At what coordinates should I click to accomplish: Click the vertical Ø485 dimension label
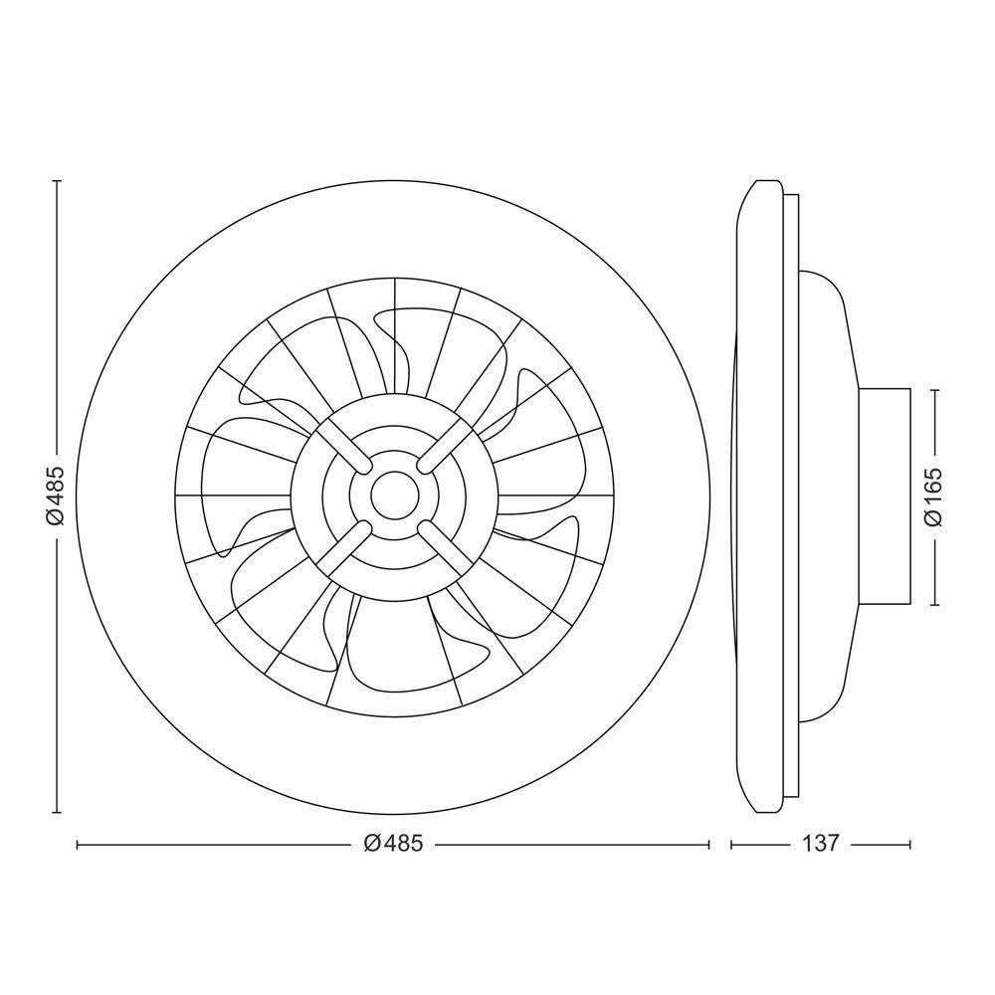pyautogui.click(x=56, y=495)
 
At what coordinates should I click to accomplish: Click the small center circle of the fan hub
pyautogui.click(x=394, y=495)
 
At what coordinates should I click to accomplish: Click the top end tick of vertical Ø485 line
pyautogui.click(x=56, y=181)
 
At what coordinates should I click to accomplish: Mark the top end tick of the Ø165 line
pyautogui.click(x=933, y=389)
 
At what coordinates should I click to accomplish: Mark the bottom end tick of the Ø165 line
pyautogui.click(x=933, y=605)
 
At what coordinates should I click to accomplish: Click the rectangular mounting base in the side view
pyautogui.click(x=884, y=496)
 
